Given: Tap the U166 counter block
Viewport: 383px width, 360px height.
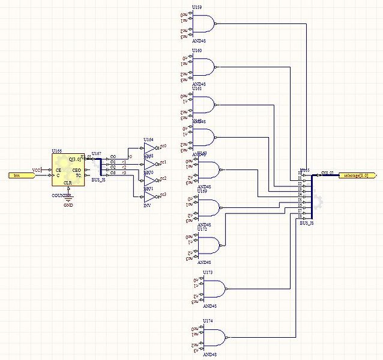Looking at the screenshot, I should [x=69, y=170].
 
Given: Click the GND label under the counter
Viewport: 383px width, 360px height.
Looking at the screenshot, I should [x=68, y=205].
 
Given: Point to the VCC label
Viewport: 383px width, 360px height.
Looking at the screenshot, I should [x=36, y=169].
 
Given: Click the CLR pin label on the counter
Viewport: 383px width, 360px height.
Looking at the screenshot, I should [x=69, y=182].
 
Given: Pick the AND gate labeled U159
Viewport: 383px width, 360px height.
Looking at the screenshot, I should [x=204, y=23].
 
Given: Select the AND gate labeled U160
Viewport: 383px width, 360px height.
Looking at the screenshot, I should [x=204, y=66].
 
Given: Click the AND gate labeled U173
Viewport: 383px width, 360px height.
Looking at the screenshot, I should [x=214, y=289].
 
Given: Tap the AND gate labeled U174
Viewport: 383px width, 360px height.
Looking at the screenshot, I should [x=214, y=337].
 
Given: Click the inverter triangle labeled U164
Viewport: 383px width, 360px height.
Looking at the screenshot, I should [x=149, y=148].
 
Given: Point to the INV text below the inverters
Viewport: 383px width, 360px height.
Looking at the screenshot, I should [x=148, y=206].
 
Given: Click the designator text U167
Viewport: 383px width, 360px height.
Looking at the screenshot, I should [x=97, y=153].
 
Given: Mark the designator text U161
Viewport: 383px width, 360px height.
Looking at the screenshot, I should [x=196, y=89].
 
